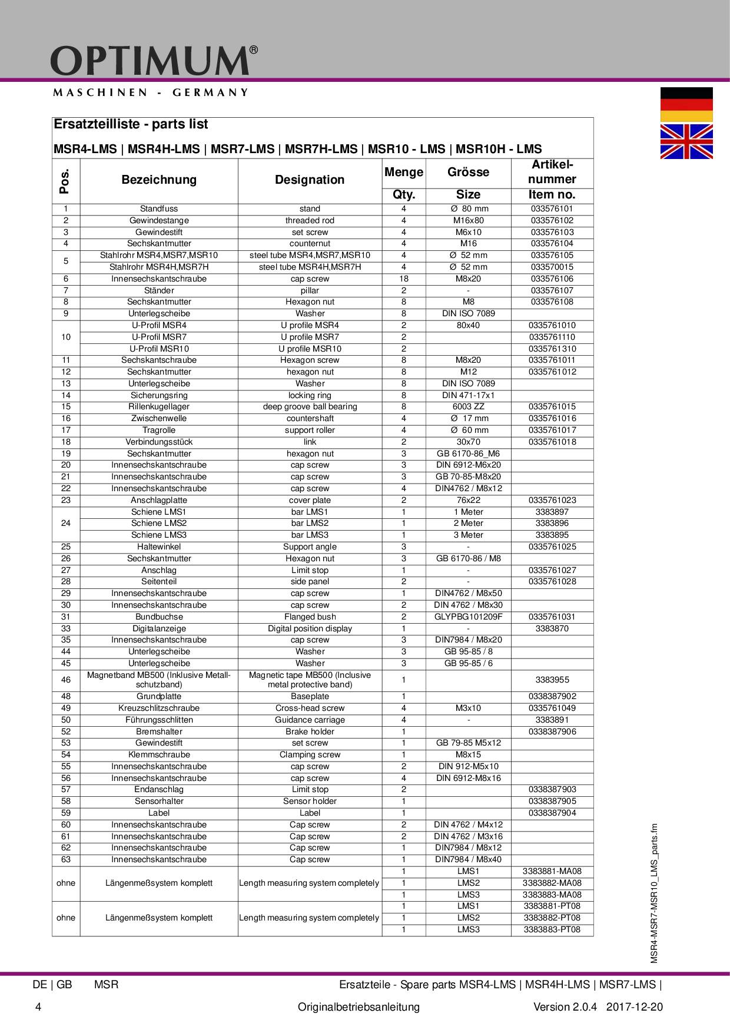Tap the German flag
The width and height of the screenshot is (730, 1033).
(x=686, y=104)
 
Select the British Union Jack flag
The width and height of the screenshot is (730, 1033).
(x=686, y=141)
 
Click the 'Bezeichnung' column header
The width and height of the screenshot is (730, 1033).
(x=159, y=180)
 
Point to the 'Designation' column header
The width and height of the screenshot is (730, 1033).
(x=310, y=180)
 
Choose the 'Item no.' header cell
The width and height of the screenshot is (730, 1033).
(x=552, y=195)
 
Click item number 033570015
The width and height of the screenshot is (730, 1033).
(x=552, y=267)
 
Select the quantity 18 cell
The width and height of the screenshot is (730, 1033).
(x=404, y=279)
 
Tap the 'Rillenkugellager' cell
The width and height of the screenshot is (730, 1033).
(x=159, y=406)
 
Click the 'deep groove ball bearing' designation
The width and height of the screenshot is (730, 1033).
(x=310, y=406)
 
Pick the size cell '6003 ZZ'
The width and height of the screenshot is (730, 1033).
(x=468, y=406)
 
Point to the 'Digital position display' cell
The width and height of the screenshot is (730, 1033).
(x=310, y=628)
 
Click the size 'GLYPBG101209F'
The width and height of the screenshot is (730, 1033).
(x=468, y=617)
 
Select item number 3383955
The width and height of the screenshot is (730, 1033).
(x=552, y=680)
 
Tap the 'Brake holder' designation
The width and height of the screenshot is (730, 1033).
(x=310, y=731)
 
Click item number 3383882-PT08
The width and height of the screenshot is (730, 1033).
(x=552, y=918)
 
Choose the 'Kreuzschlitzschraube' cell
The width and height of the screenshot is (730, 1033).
(x=159, y=708)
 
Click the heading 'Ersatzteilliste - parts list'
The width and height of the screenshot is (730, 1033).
(x=131, y=124)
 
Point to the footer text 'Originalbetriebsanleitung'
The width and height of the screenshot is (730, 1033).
(x=359, y=1007)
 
